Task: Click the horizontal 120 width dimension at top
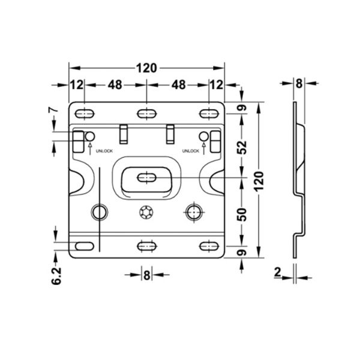(146, 68)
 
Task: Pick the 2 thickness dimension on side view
(277, 272)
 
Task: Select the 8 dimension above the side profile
(299, 83)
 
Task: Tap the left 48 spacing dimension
(115, 85)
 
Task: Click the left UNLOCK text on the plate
(104, 152)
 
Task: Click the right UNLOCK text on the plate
(190, 152)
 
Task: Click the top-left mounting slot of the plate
(85, 112)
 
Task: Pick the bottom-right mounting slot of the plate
(208, 246)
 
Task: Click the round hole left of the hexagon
(99, 211)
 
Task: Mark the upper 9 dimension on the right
(242, 109)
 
